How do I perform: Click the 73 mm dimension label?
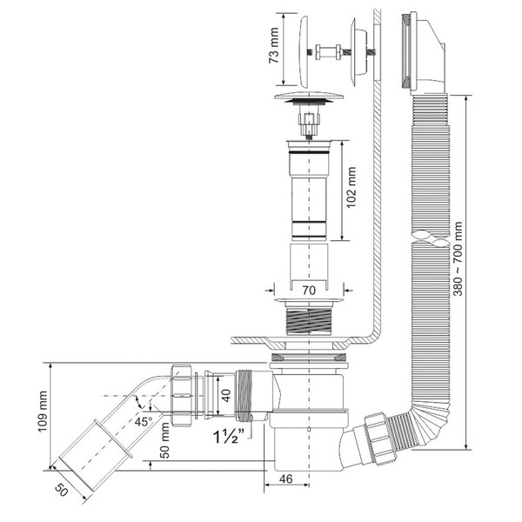[x=274, y=45]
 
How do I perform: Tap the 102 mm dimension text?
[x=351, y=187]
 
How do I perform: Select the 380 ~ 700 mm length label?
[x=458, y=258]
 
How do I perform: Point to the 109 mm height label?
[x=43, y=412]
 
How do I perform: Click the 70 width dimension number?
[x=309, y=291]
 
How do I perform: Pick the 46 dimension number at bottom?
[x=285, y=478]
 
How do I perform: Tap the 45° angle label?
[x=144, y=421]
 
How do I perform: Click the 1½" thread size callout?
[x=229, y=436]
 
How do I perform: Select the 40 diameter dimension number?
[x=226, y=396]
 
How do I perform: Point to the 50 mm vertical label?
[x=164, y=440]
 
